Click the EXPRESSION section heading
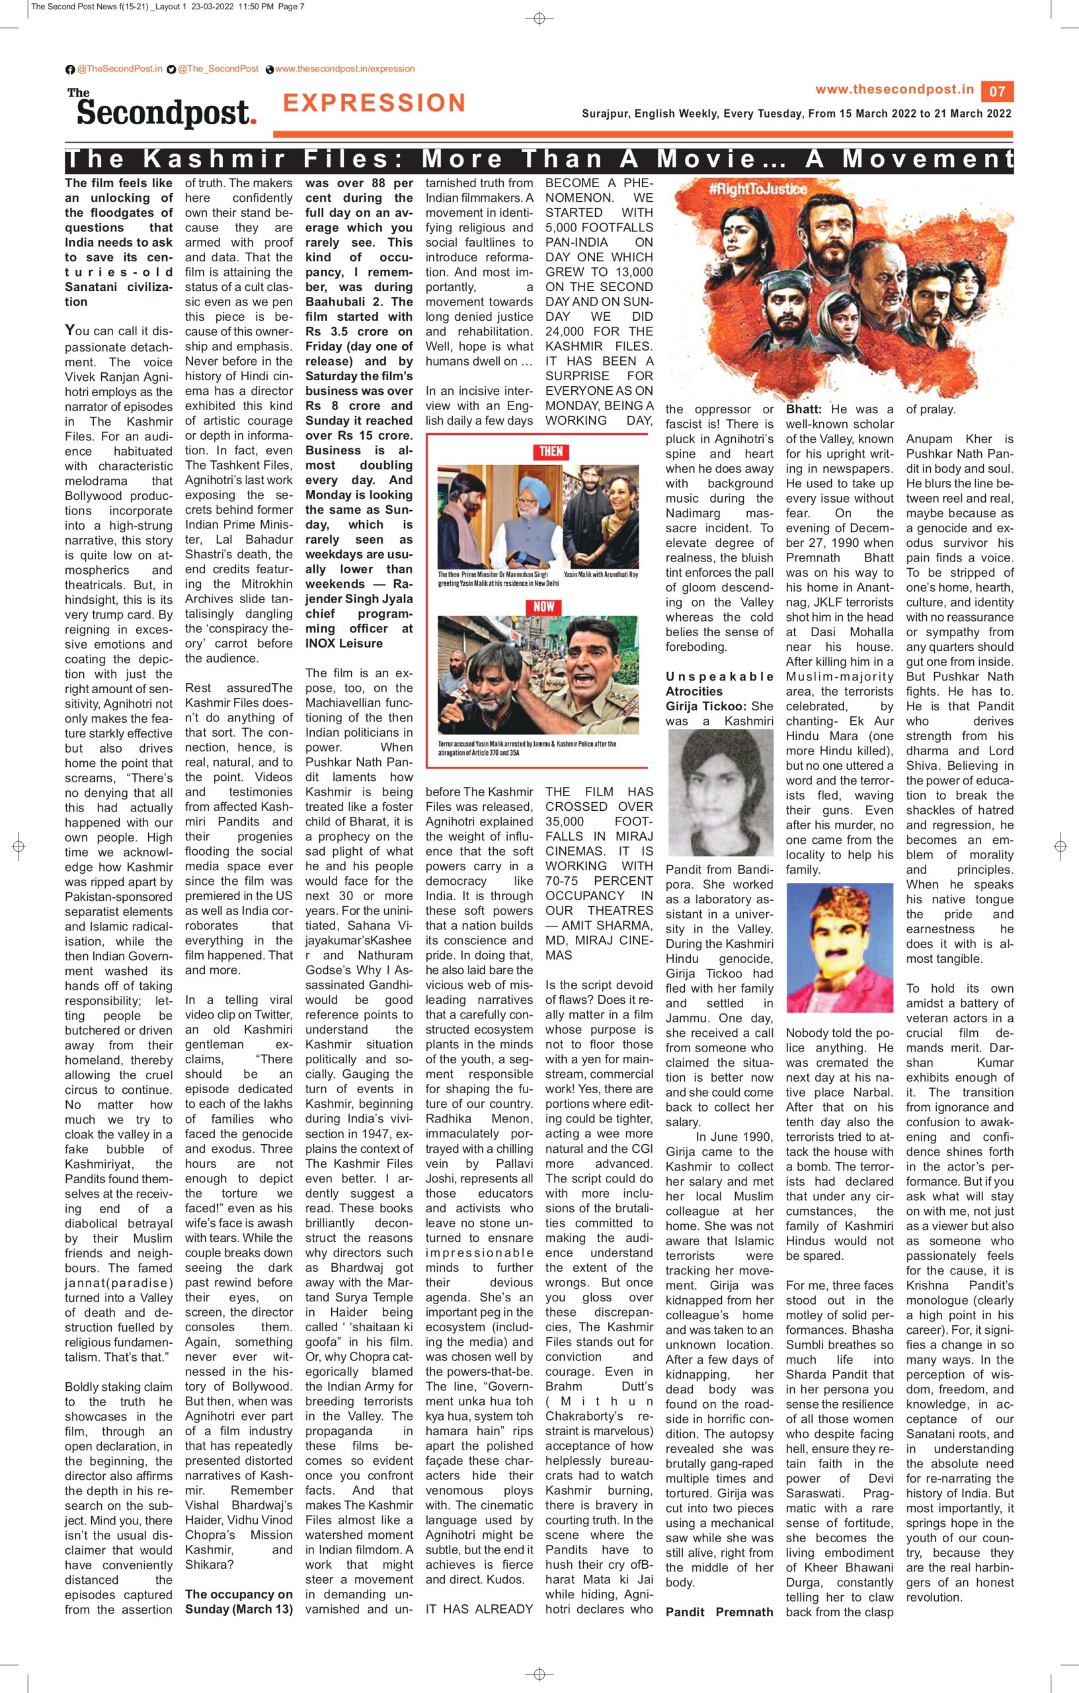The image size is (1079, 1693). [374, 103]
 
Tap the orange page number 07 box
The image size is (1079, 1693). [997, 91]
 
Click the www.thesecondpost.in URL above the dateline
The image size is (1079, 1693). [894, 89]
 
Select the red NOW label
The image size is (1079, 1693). [543, 606]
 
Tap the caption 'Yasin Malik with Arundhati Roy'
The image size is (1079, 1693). [600, 575]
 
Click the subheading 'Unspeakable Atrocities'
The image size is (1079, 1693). [719, 683]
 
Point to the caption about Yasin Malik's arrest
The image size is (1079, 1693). [526, 747]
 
